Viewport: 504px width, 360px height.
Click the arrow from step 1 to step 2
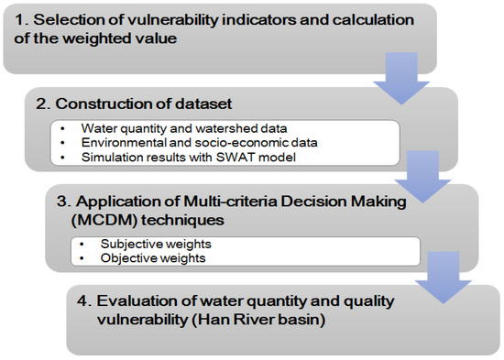tap(401, 79)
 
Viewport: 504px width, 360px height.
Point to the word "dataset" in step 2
tap(203, 104)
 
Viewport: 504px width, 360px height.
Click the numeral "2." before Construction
tap(43, 104)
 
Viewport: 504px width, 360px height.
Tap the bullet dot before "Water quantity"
tap(62, 129)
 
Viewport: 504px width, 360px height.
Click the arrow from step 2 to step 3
tap(422, 177)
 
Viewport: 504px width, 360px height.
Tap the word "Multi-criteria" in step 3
tap(230, 202)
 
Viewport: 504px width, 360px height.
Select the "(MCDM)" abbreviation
tap(104, 221)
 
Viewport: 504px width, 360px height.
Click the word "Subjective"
tap(128, 244)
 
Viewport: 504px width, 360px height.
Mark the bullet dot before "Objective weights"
tap(82, 258)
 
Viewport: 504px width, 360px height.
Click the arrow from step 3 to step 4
tap(444, 278)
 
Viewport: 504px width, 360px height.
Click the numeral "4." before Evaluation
tap(84, 301)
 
